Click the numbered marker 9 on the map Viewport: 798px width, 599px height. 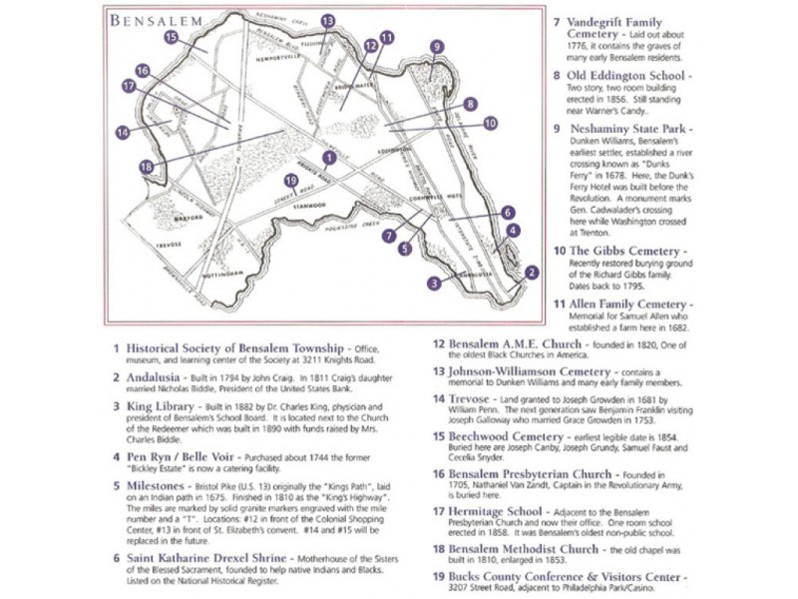pyautogui.click(x=436, y=46)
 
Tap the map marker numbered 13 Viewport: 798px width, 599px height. pyautogui.click(x=328, y=20)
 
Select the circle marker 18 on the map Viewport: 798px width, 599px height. pyautogui.click(x=147, y=166)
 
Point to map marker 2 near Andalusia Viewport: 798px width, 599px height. pyautogui.click(x=532, y=272)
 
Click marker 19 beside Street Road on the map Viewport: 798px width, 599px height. pyautogui.click(x=290, y=181)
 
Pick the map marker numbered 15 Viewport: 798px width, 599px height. pyautogui.click(x=172, y=38)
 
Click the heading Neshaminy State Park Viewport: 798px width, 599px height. pyautogui.click(x=628, y=129)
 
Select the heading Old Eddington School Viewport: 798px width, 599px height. pyautogui.click(x=625, y=75)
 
